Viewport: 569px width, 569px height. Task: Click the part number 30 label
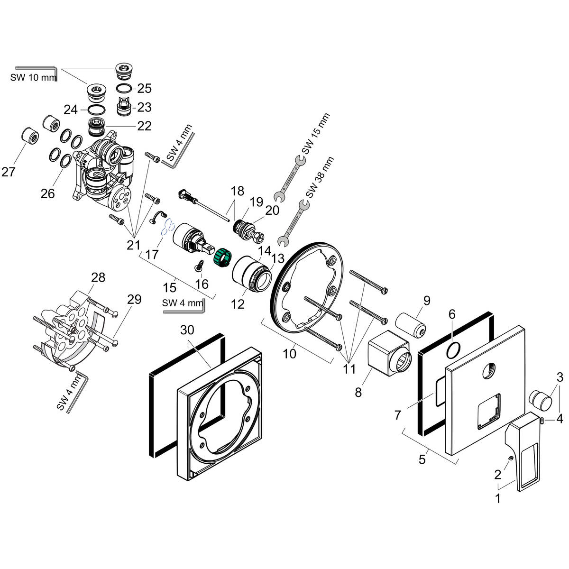188,330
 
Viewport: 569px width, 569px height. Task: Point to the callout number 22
144,126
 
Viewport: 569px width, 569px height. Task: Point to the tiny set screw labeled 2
510,459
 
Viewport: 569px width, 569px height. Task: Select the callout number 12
238,304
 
